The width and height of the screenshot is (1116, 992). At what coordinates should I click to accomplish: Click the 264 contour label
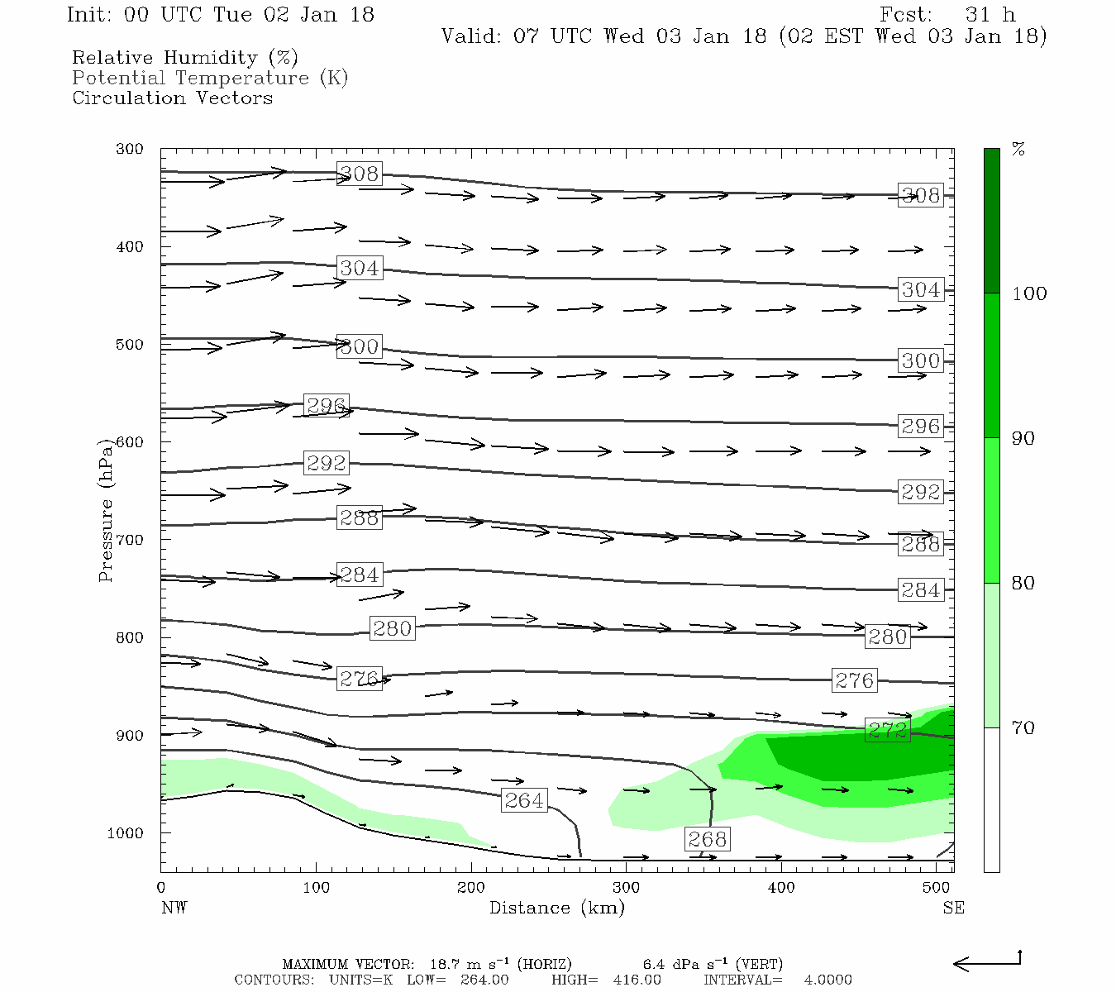pyautogui.click(x=524, y=800)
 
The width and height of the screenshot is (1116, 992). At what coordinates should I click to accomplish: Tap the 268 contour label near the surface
pyautogui.click(x=707, y=839)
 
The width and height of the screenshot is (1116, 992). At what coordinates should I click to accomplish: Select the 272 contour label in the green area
pyautogui.click(x=887, y=730)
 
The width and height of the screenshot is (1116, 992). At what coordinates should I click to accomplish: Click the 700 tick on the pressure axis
pyautogui.click(x=130, y=540)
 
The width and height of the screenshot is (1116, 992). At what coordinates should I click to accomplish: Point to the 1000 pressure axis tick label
pyautogui.click(x=126, y=833)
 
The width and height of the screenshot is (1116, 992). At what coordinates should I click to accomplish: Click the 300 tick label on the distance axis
pyautogui.click(x=626, y=888)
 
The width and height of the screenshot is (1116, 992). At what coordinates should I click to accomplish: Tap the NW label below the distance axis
pyautogui.click(x=174, y=908)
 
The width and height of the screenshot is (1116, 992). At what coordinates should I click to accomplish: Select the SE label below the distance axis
pyautogui.click(x=953, y=908)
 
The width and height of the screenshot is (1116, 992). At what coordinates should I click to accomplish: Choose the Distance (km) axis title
pyautogui.click(x=556, y=908)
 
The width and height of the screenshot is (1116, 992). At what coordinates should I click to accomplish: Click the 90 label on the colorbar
pyautogui.click(x=1023, y=439)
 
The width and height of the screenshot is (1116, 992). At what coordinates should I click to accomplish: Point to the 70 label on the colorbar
pyautogui.click(x=1023, y=728)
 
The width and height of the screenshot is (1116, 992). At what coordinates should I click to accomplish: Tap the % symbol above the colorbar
pyautogui.click(x=1018, y=150)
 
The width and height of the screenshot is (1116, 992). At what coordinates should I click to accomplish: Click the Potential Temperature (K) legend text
pyautogui.click(x=210, y=78)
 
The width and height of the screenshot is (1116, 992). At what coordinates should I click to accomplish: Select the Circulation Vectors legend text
pyautogui.click(x=172, y=98)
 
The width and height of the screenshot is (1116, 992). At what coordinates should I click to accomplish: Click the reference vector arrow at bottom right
pyautogui.click(x=987, y=962)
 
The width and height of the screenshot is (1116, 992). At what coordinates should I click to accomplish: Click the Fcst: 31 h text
pyautogui.click(x=947, y=15)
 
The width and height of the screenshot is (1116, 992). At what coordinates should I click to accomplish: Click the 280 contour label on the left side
pyautogui.click(x=392, y=628)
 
